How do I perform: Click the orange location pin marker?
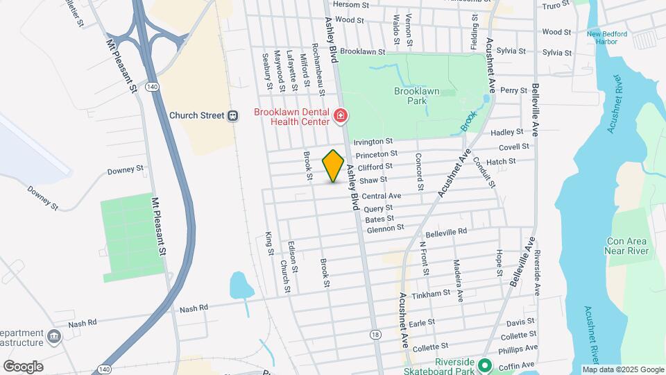334,165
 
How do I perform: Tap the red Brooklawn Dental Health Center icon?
340,116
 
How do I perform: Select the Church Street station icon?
233,116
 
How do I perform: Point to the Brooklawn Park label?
418,95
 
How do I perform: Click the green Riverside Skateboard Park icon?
484,365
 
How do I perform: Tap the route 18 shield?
375,334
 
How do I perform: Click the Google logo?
24,366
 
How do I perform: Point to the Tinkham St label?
432,294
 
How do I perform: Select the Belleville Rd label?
446,231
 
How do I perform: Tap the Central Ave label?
381,196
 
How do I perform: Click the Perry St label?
514,90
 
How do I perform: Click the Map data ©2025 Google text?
623,369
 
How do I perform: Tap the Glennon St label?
385,228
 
